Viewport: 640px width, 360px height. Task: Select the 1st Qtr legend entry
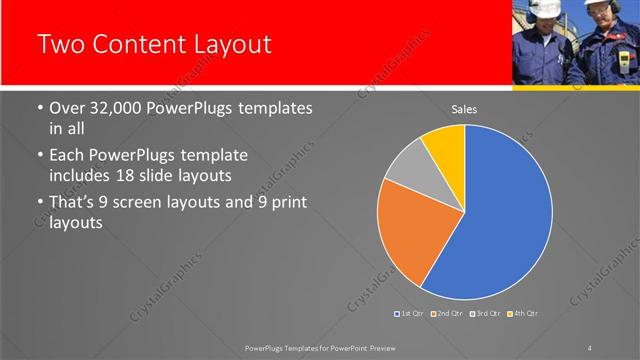click(x=410, y=314)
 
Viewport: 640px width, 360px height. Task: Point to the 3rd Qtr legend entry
click(x=486, y=314)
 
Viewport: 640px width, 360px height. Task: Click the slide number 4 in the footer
click(x=590, y=347)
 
